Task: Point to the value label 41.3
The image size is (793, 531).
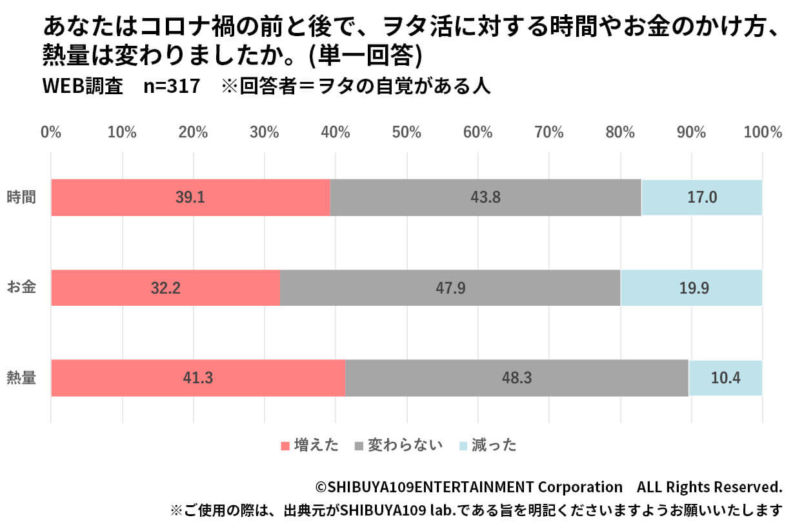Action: coord(198,378)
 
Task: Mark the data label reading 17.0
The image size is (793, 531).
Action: coord(701,197)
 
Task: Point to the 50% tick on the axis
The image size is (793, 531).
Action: coord(407,132)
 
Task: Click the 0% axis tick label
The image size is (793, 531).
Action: coord(51,132)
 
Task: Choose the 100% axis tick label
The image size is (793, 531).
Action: coord(762,132)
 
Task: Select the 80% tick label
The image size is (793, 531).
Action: coord(620,132)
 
